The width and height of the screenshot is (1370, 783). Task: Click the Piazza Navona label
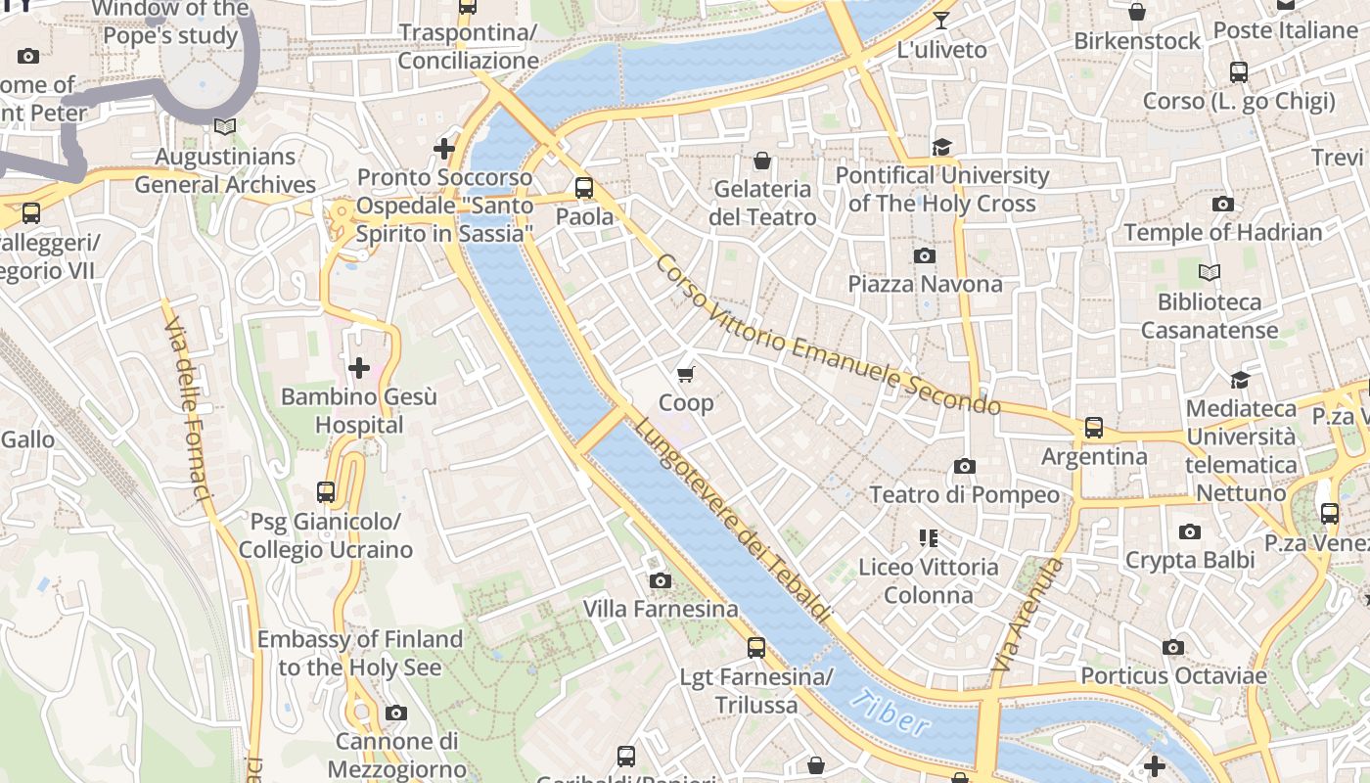(925, 284)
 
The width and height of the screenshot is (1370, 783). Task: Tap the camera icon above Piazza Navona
(924, 256)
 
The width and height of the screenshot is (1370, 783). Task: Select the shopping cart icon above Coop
(686, 374)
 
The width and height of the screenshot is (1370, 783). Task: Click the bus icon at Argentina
(1094, 428)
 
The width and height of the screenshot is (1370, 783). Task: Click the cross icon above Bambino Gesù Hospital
(359, 368)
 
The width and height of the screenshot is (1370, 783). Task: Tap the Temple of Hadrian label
(1222, 233)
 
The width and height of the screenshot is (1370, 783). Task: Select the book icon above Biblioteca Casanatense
(1210, 273)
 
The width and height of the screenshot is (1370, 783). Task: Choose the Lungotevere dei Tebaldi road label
(732, 521)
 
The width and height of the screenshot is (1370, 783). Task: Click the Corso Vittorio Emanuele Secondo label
(827, 335)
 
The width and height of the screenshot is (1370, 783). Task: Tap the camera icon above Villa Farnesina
(661, 581)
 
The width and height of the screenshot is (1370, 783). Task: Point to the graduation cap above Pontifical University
(941, 147)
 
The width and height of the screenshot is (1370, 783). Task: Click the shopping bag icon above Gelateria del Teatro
(762, 161)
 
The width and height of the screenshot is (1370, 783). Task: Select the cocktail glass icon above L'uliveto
(941, 21)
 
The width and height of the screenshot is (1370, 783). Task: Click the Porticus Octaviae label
(1173, 675)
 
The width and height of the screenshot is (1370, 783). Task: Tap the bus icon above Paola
(584, 188)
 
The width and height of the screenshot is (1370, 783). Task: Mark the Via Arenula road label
(1027, 615)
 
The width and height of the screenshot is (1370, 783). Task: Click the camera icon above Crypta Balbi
(1190, 532)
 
